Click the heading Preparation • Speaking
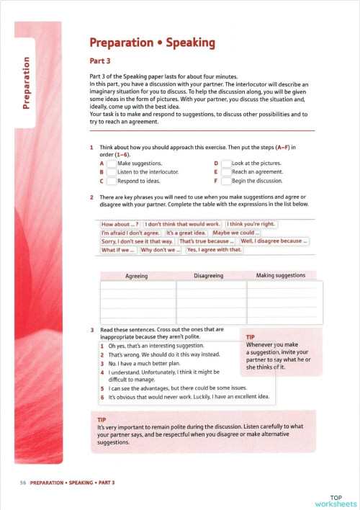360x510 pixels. click(x=149, y=43)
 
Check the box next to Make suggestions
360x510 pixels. click(x=111, y=164)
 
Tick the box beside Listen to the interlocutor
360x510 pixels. click(x=111, y=173)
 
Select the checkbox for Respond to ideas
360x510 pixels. click(x=111, y=182)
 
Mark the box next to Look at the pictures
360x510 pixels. click(x=226, y=164)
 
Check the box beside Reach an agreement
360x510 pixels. click(x=226, y=173)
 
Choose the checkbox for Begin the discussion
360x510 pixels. click(x=226, y=182)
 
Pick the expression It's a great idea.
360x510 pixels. click(x=186, y=233)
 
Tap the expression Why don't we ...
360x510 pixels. click(x=160, y=250)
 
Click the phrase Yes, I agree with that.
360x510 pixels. click(x=215, y=250)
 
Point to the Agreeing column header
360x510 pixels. click(x=137, y=276)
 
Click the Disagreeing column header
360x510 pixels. click(x=212, y=276)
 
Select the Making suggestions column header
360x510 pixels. click(x=281, y=275)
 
